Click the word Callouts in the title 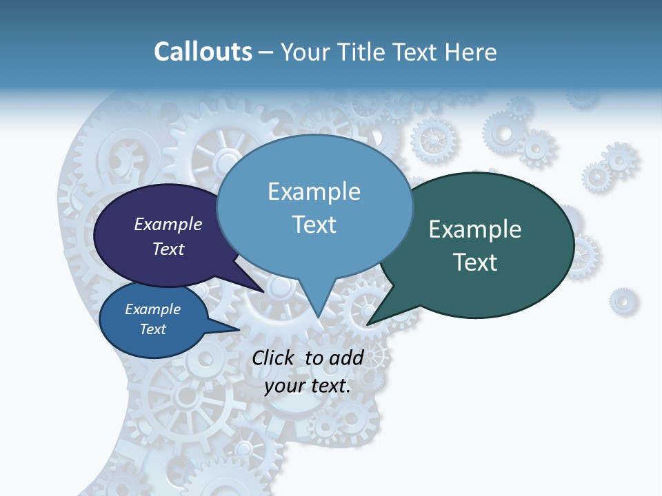(203, 52)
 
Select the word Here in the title (472, 52)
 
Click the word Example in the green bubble (475, 229)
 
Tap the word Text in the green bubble (475, 262)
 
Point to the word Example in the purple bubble (168, 224)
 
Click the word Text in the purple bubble (168, 249)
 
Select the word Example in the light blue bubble (314, 192)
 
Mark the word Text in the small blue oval (152, 329)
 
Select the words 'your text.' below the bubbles (308, 386)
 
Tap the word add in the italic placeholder (346, 358)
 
